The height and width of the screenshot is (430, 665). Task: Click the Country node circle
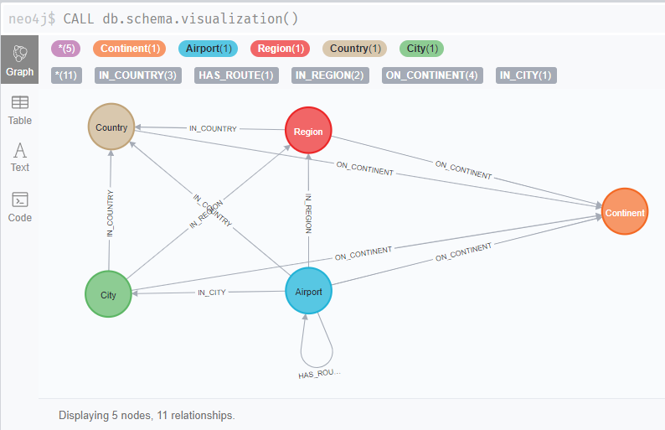111,127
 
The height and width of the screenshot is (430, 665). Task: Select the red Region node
309,132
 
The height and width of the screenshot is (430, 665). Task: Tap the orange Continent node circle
625,212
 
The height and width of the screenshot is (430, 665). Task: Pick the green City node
109,294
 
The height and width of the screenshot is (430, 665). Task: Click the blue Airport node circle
309,291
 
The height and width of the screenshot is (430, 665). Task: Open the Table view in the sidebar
19,111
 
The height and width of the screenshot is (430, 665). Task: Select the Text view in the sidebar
19,157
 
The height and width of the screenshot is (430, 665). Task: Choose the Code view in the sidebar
19,207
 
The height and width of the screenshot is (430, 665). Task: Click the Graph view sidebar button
19,60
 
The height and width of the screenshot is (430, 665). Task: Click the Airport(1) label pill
209,49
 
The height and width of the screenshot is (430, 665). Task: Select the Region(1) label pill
281,49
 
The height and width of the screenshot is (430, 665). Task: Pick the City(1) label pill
422,49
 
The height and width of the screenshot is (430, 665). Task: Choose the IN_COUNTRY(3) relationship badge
138,75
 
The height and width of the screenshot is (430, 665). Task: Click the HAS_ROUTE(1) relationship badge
236,75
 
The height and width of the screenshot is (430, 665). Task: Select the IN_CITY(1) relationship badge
526,75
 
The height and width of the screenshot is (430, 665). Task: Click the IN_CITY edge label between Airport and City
211,293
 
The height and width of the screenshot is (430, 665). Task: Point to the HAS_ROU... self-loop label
319,374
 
